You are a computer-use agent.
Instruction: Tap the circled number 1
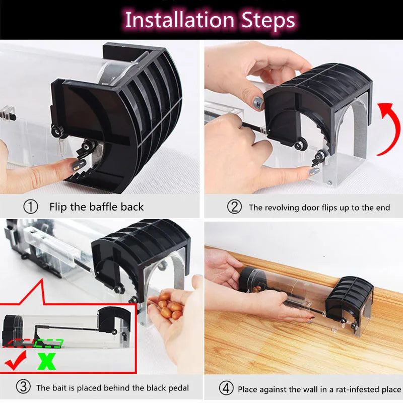click(31, 207)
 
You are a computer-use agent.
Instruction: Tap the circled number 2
click(234, 207)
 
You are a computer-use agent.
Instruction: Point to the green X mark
click(46, 361)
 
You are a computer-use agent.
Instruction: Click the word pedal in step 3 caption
click(177, 388)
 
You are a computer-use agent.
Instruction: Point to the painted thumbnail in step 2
click(258, 103)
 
